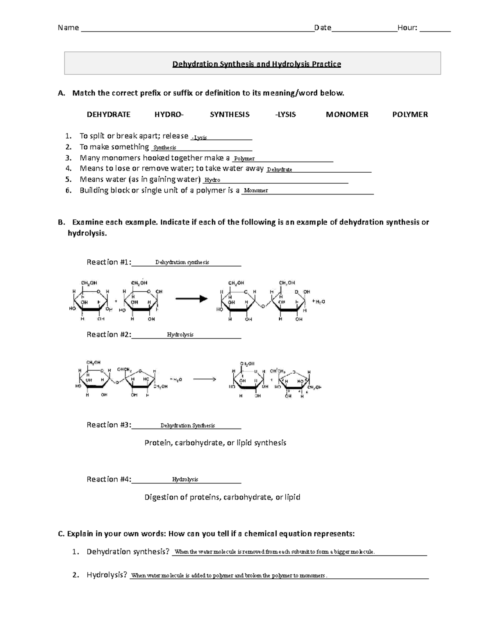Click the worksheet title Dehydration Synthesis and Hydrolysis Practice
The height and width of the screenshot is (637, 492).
[x=257, y=64]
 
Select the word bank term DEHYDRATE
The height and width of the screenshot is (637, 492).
[x=108, y=115]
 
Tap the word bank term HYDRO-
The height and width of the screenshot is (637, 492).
[x=169, y=115]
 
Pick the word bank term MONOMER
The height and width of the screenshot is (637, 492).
[x=347, y=115]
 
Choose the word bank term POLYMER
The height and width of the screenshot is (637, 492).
[x=410, y=115]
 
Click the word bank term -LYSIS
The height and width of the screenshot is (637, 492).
[x=285, y=115]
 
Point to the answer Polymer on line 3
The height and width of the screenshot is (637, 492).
[x=244, y=159]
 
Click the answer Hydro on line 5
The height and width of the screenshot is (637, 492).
[x=212, y=180]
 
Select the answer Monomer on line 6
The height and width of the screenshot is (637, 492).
[x=256, y=191]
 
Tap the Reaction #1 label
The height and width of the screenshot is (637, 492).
[x=109, y=262]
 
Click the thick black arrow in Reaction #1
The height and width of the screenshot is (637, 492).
[x=191, y=299]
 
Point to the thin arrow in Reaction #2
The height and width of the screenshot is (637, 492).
[x=204, y=379]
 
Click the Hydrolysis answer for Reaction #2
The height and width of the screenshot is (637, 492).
[x=180, y=335]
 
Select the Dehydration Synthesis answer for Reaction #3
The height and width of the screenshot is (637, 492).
[x=187, y=426]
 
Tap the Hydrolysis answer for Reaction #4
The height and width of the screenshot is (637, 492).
[x=185, y=479]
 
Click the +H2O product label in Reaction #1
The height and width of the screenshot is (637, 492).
[x=319, y=301]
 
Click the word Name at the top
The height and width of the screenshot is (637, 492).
[x=68, y=28]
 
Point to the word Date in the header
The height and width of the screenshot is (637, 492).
[x=323, y=28]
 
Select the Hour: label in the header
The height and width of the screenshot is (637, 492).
[x=407, y=28]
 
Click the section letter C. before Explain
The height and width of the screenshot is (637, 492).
[x=61, y=534]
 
